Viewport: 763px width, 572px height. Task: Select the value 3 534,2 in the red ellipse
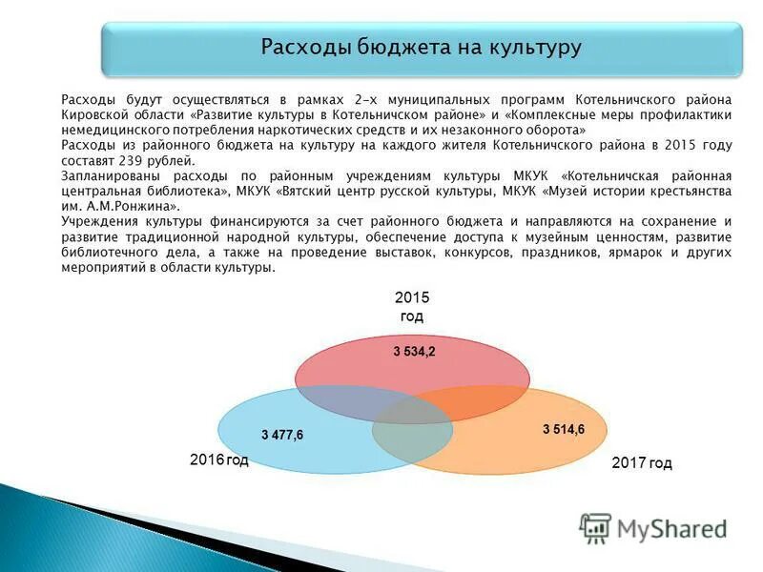(414, 352)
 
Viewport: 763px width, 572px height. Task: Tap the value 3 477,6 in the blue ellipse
(282, 435)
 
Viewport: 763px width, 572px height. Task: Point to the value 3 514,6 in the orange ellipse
(563, 429)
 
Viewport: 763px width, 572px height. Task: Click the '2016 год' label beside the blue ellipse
(218, 460)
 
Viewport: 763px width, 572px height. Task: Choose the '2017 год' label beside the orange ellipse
(641, 463)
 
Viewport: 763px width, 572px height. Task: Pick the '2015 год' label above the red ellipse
(412, 307)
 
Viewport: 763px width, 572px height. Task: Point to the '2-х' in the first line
(363, 99)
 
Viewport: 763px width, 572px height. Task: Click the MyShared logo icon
(595, 527)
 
